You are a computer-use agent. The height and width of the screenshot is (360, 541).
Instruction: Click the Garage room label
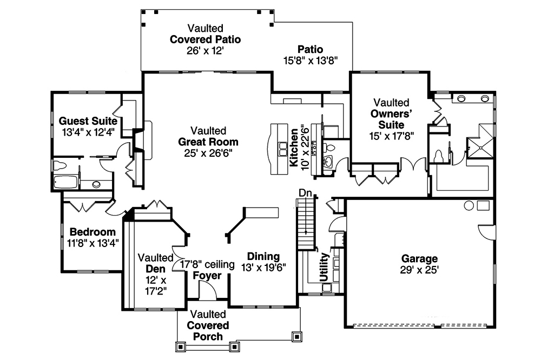coord(419,258)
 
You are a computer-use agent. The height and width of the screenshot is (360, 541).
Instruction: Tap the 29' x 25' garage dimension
coord(419,269)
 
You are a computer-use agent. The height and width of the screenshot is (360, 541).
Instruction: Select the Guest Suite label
coord(88,121)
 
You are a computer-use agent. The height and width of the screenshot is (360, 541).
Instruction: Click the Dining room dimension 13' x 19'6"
coord(263,266)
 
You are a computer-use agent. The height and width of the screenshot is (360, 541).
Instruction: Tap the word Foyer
coord(208,275)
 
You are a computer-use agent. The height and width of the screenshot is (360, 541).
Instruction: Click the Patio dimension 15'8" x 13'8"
coord(310,61)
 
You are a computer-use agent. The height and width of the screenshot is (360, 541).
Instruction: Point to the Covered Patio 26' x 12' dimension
coord(206,50)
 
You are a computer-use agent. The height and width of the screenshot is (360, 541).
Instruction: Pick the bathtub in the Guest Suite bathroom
coord(65,182)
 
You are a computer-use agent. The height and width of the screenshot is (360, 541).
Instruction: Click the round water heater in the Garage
coord(469,205)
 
